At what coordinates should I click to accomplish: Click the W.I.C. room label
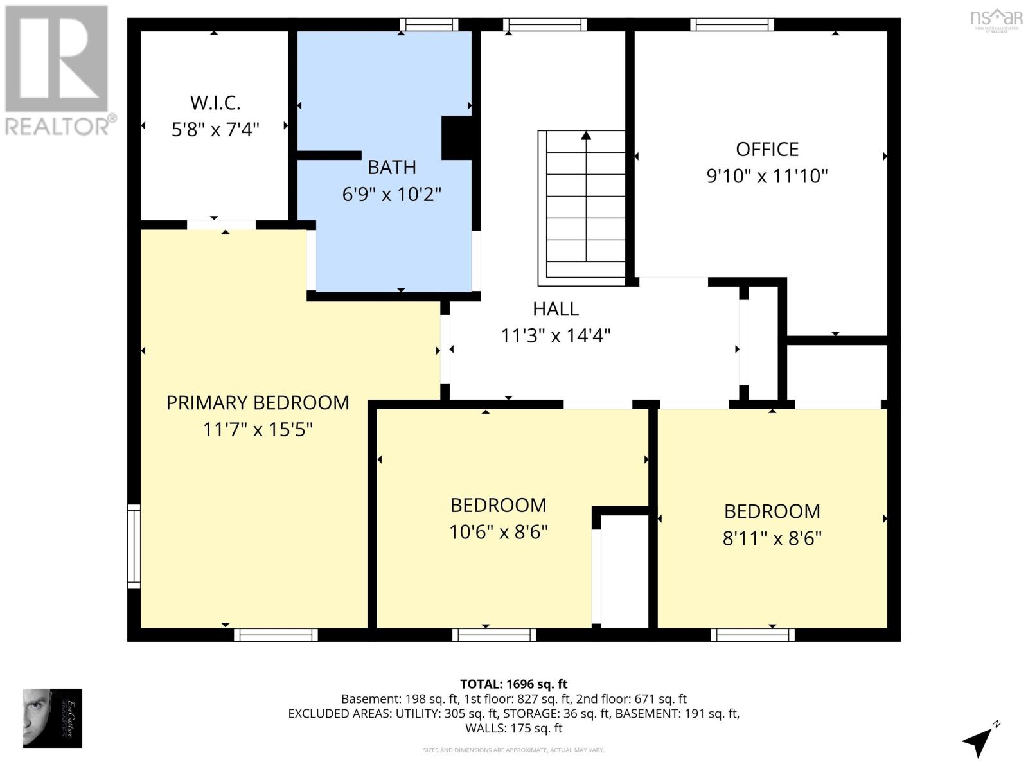215,103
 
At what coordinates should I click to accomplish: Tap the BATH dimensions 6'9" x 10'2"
391,194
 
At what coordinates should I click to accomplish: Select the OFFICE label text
767,150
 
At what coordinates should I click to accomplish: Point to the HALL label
556,309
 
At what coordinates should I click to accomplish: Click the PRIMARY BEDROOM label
258,403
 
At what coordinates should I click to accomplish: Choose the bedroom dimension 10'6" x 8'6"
498,533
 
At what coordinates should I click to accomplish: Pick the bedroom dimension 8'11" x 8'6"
772,538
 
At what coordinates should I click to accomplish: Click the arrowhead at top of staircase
586,136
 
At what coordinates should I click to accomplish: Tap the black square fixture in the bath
457,137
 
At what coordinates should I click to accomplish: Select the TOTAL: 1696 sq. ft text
513,684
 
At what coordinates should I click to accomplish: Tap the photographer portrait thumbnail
52,718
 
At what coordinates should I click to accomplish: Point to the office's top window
732,25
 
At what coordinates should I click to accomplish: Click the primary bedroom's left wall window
134,546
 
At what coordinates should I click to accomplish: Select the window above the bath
429,25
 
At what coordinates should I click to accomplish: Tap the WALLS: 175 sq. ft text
513,729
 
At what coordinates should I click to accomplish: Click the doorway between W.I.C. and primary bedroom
221,225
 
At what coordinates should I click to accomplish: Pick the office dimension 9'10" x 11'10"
767,176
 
